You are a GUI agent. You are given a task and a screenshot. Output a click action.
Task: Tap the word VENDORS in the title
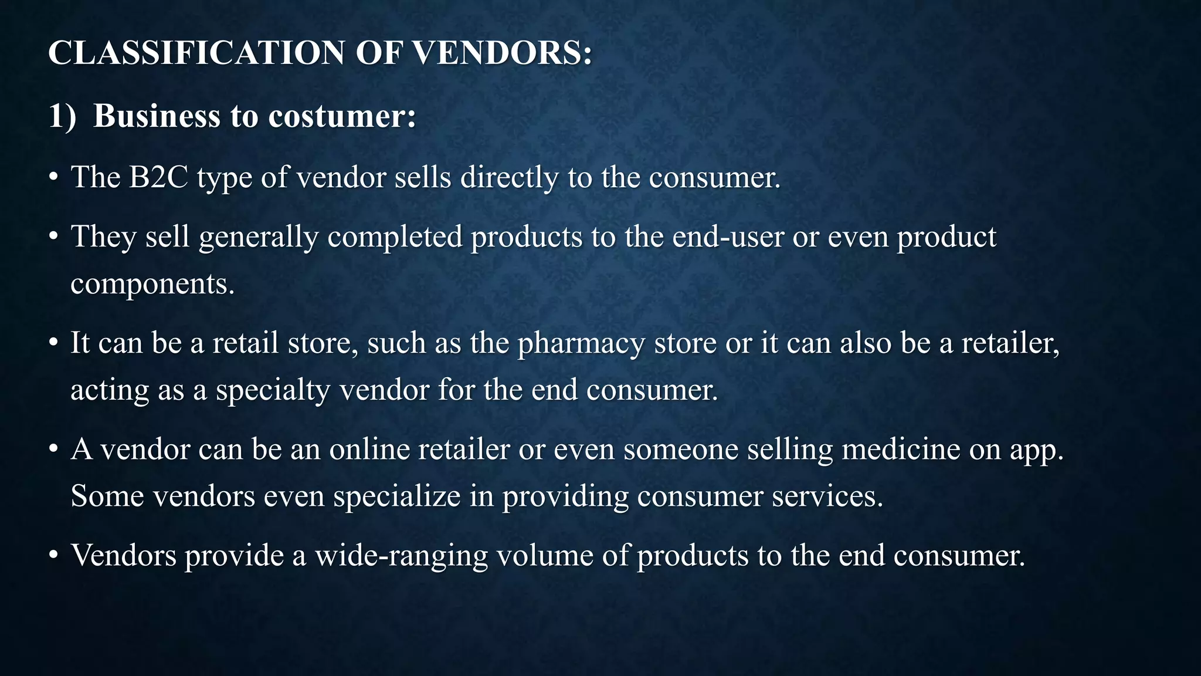502,53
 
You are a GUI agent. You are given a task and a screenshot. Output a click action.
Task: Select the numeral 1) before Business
62,116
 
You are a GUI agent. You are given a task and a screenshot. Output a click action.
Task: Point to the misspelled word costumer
342,116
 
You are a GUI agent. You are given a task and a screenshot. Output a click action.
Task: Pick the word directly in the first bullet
509,177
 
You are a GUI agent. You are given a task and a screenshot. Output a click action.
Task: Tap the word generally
259,237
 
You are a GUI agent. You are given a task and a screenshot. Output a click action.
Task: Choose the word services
827,496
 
